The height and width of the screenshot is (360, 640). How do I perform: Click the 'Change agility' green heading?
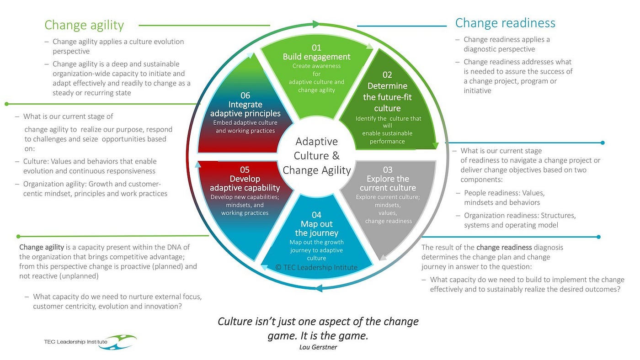click(84, 25)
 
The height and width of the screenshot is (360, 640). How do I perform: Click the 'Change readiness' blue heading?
click(505, 23)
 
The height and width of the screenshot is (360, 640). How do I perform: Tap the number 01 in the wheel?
click(316, 48)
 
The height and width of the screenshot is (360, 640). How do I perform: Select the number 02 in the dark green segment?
click(387, 75)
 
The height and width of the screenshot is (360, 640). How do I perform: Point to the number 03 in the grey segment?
click(388, 170)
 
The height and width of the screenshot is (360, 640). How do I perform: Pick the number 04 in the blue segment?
click(316, 215)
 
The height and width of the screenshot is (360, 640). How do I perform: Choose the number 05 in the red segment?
click(245, 170)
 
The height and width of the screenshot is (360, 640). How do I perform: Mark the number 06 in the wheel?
click(245, 95)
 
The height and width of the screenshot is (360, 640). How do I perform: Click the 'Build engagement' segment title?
click(316, 57)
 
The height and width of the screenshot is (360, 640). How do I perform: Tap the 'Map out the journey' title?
click(316, 228)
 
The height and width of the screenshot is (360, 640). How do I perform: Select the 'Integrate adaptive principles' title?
click(245, 109)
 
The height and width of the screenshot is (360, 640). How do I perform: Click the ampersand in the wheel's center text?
click(336, 156)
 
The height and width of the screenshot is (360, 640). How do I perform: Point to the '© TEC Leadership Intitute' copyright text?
click(316, 268)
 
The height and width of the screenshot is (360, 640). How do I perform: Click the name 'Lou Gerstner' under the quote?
click(318, 347)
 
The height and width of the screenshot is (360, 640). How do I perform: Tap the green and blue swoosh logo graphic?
click(118, 342)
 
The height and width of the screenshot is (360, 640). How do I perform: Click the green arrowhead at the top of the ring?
click(316, 24)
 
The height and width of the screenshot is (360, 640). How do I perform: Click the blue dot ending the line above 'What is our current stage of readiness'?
click(603, 143)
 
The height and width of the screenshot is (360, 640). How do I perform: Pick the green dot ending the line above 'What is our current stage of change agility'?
click(6, 104)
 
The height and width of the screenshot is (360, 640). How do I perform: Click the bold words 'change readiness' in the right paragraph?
click(504, 247)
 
